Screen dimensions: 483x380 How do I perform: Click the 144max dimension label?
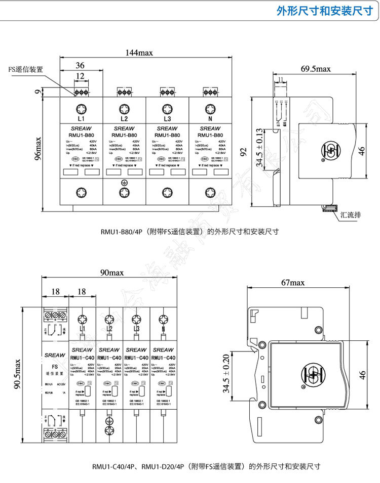click(x=140, y=53)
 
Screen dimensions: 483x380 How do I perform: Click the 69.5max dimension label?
click(x=315, y=69)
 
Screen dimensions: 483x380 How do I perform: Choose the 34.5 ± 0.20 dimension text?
click(x=226, y=374)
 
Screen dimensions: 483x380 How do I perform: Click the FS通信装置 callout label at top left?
click(x=25, y=70)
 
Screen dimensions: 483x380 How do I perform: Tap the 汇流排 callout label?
click(x=351, y=214)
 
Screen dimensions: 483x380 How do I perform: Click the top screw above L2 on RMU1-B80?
click(x=124, y=109)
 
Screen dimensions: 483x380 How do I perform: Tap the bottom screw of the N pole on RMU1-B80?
click(x=210, y=192)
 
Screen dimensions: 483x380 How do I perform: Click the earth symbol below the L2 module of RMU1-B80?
click(x=124, y=183)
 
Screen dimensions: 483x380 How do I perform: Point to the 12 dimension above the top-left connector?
click(x=80, y=76)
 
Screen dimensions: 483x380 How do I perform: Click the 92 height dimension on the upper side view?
click(x=243, y=150)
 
